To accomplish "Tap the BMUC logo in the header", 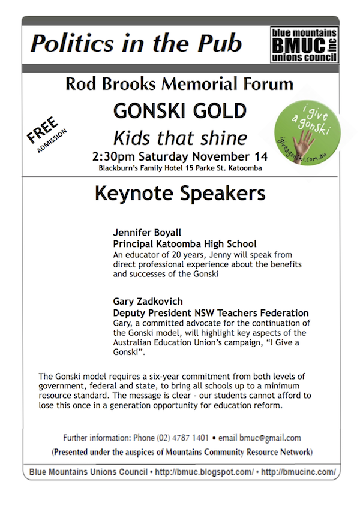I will click(x=304, y=44).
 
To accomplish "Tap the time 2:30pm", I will click(x=113, y=157).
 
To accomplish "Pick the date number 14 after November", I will click(x=260, y=157).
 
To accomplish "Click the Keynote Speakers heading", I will click(x=179, y=195).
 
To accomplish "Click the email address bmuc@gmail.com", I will click(x=272, y=438).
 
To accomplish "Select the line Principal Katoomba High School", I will click(x=184, y=244).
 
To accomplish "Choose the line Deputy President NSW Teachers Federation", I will click(x=211, y=313).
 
